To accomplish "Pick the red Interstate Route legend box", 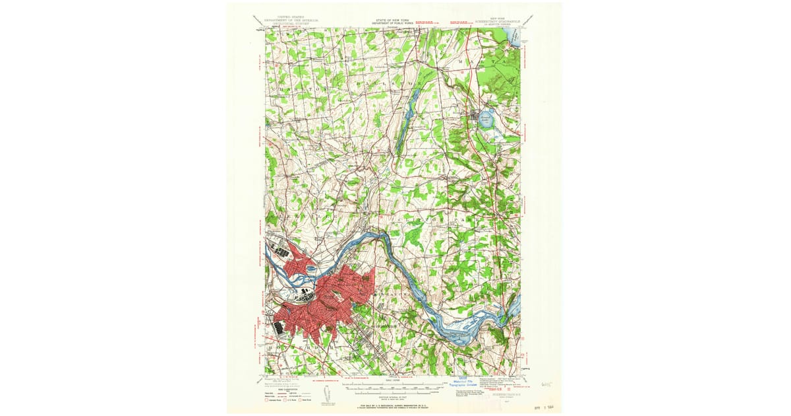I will point(267,399).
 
